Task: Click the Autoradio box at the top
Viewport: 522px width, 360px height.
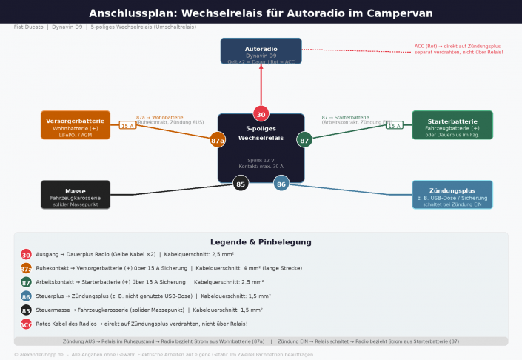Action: [261, 50]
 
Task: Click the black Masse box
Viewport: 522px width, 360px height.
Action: [76, 194]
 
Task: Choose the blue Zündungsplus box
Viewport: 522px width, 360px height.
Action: [452, 194]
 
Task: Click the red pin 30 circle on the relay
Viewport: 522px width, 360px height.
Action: [261, 114]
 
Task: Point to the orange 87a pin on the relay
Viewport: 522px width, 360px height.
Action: [218, 139]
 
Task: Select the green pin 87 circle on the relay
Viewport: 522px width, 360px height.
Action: [304, 139]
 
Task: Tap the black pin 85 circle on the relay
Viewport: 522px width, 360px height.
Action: [241, 184]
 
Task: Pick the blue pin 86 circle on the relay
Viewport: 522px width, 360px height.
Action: [281, 184]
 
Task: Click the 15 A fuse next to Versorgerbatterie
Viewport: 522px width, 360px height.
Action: [127, 126]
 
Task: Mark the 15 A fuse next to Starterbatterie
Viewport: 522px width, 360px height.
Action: [394, 126]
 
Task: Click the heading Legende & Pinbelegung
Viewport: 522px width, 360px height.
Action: [261, 242]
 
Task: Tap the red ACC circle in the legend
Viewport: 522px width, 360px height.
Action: [27, 324]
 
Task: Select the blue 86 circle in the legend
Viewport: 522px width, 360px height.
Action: [27, 296]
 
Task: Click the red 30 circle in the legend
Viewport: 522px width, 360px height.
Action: [27, 254]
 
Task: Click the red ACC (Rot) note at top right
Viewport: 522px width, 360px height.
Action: [458, 49]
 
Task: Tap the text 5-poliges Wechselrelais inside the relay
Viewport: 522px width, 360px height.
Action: [261, 133]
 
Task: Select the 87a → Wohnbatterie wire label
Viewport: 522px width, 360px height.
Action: [159, 117]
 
